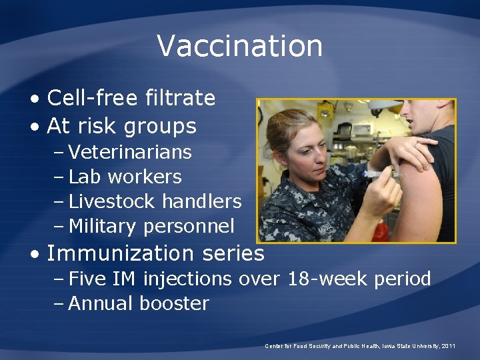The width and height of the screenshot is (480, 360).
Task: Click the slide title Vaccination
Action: (239, 46)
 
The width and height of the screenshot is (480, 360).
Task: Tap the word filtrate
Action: (179, 99)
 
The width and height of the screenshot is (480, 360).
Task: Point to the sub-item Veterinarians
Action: (130, 152)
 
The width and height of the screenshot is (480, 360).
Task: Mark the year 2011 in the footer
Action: (448, 346)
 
